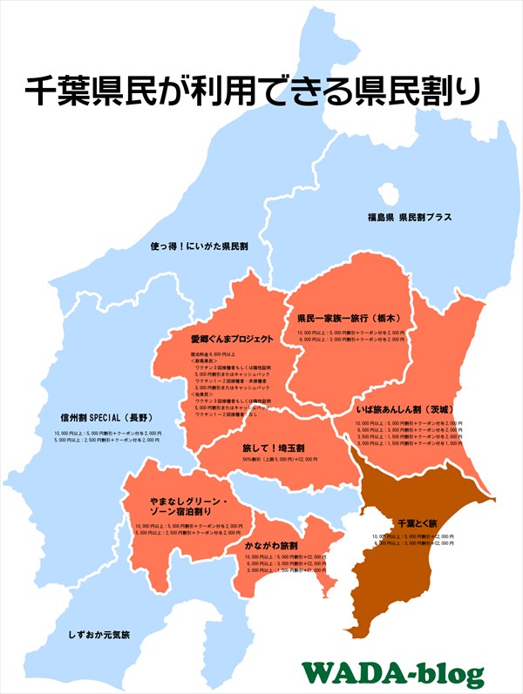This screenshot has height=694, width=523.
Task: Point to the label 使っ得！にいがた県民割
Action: click(x=200, y=246)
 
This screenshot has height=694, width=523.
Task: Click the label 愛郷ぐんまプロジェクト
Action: click(x=232, y=340)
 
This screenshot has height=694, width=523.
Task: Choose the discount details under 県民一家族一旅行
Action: click(x=351, y=337)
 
